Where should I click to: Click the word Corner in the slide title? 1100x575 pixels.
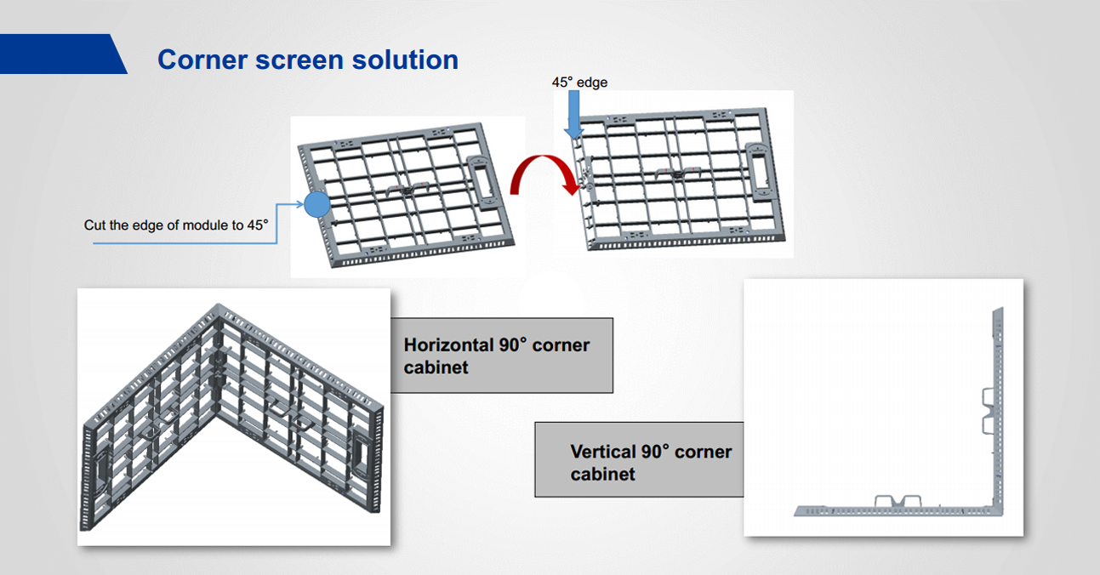[x=202, y=60]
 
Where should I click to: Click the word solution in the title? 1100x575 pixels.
[x=405, y=60]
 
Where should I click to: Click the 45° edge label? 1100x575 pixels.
[x=579, y=82]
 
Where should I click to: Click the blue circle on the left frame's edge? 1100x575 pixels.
[x=317, y=204]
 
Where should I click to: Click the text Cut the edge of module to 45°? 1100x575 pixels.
[x=176, y=225]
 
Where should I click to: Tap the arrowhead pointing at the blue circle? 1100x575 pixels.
[x=299, y=204]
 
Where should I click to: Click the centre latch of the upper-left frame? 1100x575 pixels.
[x=408, y=189]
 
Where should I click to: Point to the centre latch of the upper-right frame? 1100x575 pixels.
[x=678, y=174]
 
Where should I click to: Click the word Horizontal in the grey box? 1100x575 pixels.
[x=447, y=345]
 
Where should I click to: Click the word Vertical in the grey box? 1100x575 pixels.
[x=602, y=452]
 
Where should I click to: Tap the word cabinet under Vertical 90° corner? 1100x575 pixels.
[x=602, y=475]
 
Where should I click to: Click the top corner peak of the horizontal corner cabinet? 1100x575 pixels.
[x=218, y=306]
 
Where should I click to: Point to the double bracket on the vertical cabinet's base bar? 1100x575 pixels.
[x=898, y=501]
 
